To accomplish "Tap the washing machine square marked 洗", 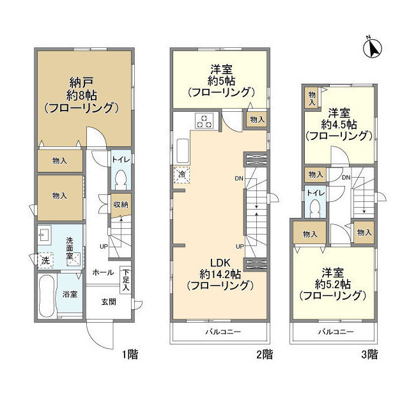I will click(x=45, y=261).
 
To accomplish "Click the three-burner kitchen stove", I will click(x=204, y=121).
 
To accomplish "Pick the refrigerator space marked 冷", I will click(x=181, y=174).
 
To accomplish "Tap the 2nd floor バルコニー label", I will click(x=219, y=332).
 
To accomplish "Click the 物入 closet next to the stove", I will click(x=256, y=119).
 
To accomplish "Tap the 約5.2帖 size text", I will click(x=332, y=283).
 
